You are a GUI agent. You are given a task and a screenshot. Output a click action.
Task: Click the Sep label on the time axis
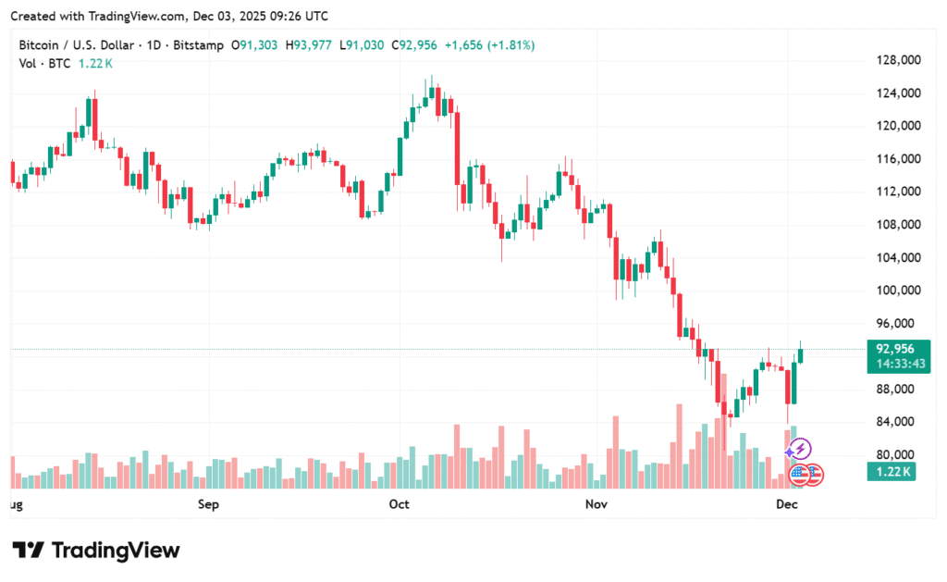(209, 505)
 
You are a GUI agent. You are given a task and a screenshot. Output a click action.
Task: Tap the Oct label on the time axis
(400, 505)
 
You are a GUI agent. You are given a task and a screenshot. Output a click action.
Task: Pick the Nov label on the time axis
(596, 505)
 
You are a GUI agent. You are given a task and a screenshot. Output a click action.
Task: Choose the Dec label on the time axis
(787, 505)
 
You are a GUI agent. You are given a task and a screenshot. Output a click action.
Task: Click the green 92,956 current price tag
(894, 349)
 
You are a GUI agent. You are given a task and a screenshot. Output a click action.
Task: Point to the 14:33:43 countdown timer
(894, 365)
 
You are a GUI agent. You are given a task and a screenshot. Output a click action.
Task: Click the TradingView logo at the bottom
(96, 551)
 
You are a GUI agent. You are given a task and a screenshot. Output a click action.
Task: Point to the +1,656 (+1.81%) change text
(488, 45)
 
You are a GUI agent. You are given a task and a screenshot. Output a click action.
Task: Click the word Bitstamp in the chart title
(195, 45)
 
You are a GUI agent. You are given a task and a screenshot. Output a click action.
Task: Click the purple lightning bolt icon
(799, 450)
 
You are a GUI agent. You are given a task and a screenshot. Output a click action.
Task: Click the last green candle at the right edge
(801, 355)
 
